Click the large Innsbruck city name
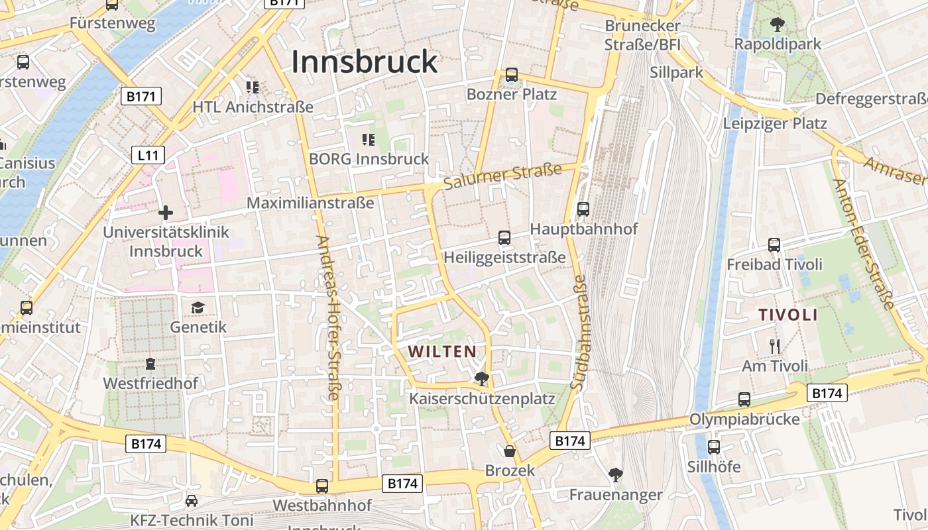[365, 62]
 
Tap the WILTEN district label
[442, 351]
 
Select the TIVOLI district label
[788, 315]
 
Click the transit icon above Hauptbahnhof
[583, 209]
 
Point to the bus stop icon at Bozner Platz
[512, 75]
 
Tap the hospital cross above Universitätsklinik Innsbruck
[166, 213]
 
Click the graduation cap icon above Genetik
[198, 307]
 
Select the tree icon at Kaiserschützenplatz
[482, 379]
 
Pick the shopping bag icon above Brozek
[510, 451]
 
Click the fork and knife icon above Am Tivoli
[774, 346]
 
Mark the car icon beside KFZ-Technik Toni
[192, 501]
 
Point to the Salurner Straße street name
[502, 176]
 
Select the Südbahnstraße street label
[579, 331]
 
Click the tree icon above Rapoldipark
[778, 25]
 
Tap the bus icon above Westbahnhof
[322, 486]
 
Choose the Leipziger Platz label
[775, 123]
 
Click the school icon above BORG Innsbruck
[369, 140]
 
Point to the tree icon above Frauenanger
[616, 474]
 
